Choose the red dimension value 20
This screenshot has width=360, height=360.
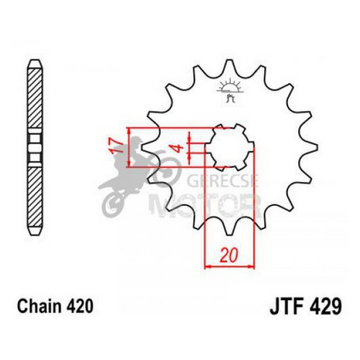(229, 256)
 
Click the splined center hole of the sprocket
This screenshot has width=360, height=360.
(230, 147)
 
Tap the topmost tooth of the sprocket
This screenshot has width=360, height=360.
(229, 65)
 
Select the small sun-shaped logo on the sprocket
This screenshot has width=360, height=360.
(230, 89)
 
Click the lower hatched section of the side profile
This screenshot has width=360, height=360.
(36, 196)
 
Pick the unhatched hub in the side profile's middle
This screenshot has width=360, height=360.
(36, 147)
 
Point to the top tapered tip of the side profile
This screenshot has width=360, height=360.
(36, 63)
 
